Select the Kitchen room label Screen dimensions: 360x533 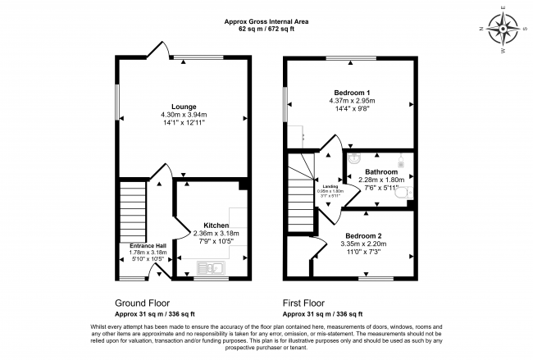click(205, 225)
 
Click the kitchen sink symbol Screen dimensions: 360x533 click(211, 267)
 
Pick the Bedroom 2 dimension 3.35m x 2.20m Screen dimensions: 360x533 click(362, 244)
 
